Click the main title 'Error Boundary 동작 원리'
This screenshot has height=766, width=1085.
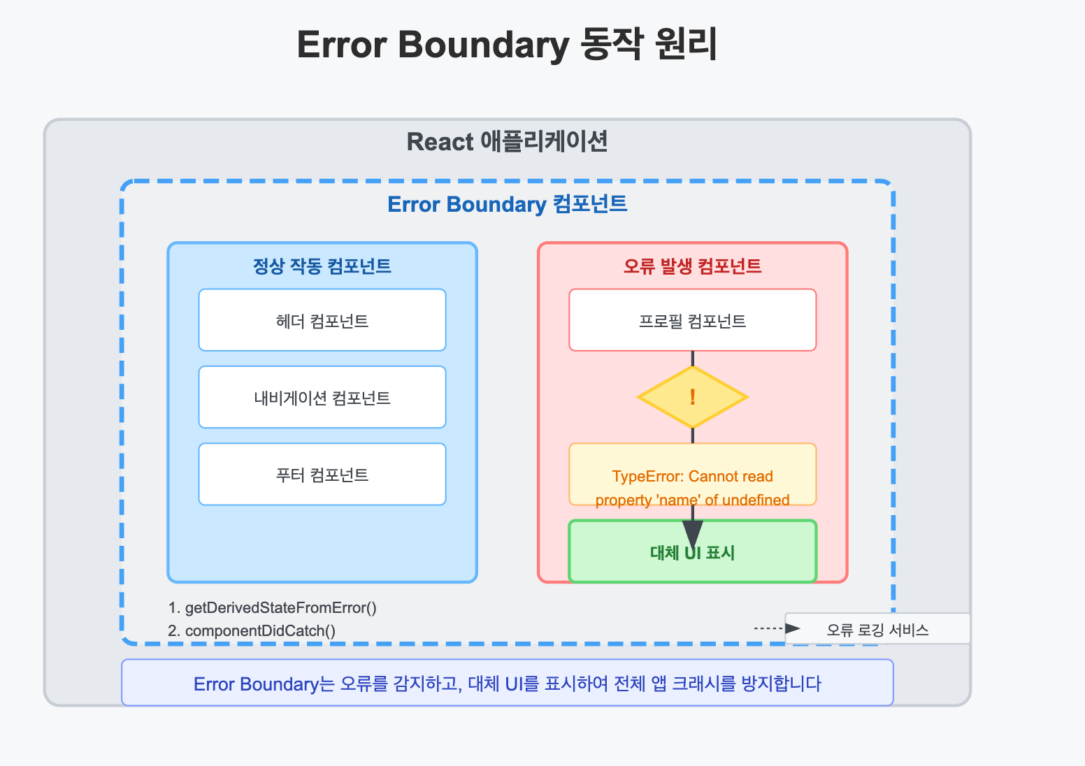507,45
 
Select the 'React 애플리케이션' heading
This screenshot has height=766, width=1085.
507,142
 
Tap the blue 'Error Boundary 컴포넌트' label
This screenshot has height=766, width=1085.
507,204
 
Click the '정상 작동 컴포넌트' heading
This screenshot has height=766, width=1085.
322,266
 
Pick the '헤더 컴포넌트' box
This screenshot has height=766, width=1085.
322,320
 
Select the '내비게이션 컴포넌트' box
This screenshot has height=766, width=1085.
322,397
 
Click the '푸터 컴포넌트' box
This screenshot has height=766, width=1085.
322,474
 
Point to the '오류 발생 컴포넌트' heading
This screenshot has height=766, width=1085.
692,266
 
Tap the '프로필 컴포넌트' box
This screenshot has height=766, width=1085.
693,320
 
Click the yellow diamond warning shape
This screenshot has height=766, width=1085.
693,397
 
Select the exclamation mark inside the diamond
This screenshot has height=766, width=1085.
693,397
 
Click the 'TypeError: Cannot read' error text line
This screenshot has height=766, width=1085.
693,477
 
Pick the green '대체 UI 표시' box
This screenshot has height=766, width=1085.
693,551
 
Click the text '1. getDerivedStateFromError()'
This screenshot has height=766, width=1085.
272,607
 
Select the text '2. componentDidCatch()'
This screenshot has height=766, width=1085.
252,631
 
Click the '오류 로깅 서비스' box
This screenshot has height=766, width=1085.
877,629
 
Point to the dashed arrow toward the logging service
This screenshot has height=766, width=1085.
777,628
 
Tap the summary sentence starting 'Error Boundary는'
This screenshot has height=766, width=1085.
507,684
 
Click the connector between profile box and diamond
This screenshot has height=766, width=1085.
693,359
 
